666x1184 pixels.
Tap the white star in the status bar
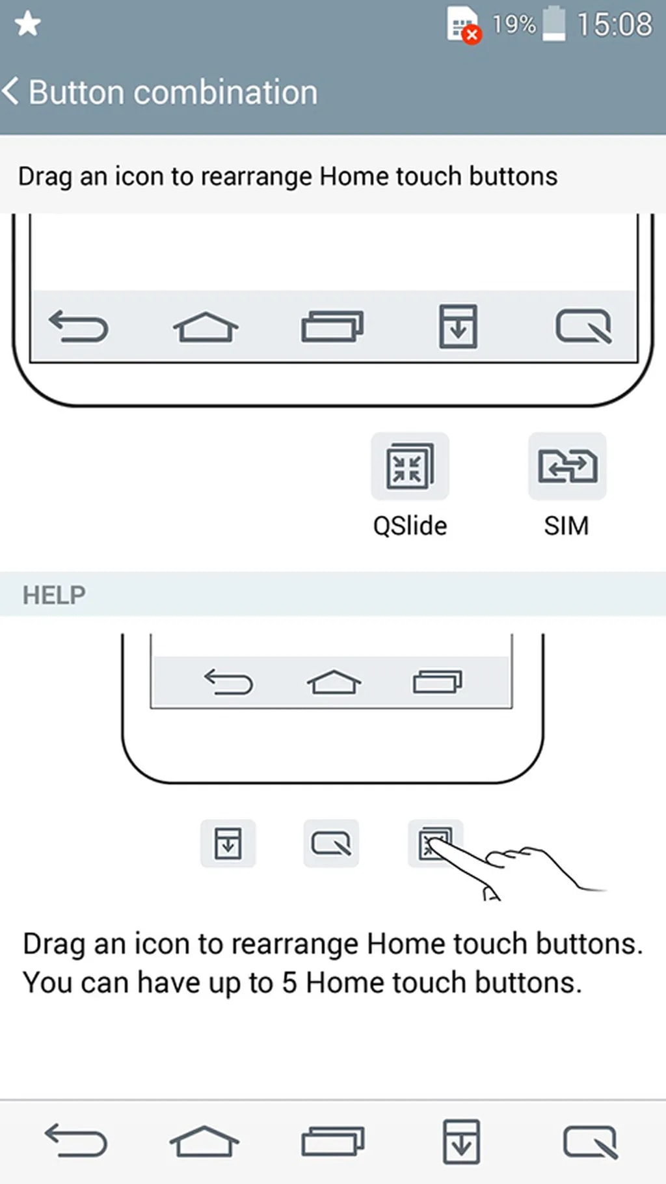(x=27, y=25)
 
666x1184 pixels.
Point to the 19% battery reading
(x=514, y=25)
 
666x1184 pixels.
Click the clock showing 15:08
(x=615, y=25)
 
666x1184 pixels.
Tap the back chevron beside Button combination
(x=11, y=91)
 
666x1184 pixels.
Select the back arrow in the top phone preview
(x=79, y=326)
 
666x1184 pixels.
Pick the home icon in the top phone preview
(x=206, y=327)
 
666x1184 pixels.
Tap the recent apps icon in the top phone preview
(x=332, y=326)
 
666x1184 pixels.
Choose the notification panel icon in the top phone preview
(x=459, y=326)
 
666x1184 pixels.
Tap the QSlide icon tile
(x=410, y=466)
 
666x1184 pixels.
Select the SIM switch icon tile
(x=567, y=466)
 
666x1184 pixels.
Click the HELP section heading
(x=54, y=595)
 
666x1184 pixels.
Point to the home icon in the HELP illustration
(x=334, y=682)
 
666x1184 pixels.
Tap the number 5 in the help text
(x=289, y=982)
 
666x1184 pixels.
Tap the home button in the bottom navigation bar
(x=204, y=1141)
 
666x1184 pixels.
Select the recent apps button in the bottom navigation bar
(x=333, y=1141)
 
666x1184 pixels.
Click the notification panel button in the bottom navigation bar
(x=461, y=1141)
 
